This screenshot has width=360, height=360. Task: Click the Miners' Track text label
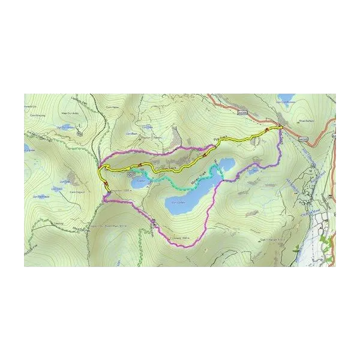click(x=199, y=179)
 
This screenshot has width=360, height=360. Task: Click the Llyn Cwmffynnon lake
click(x=287, y=97)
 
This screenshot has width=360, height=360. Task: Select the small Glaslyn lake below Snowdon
click(x=137, y=182)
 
